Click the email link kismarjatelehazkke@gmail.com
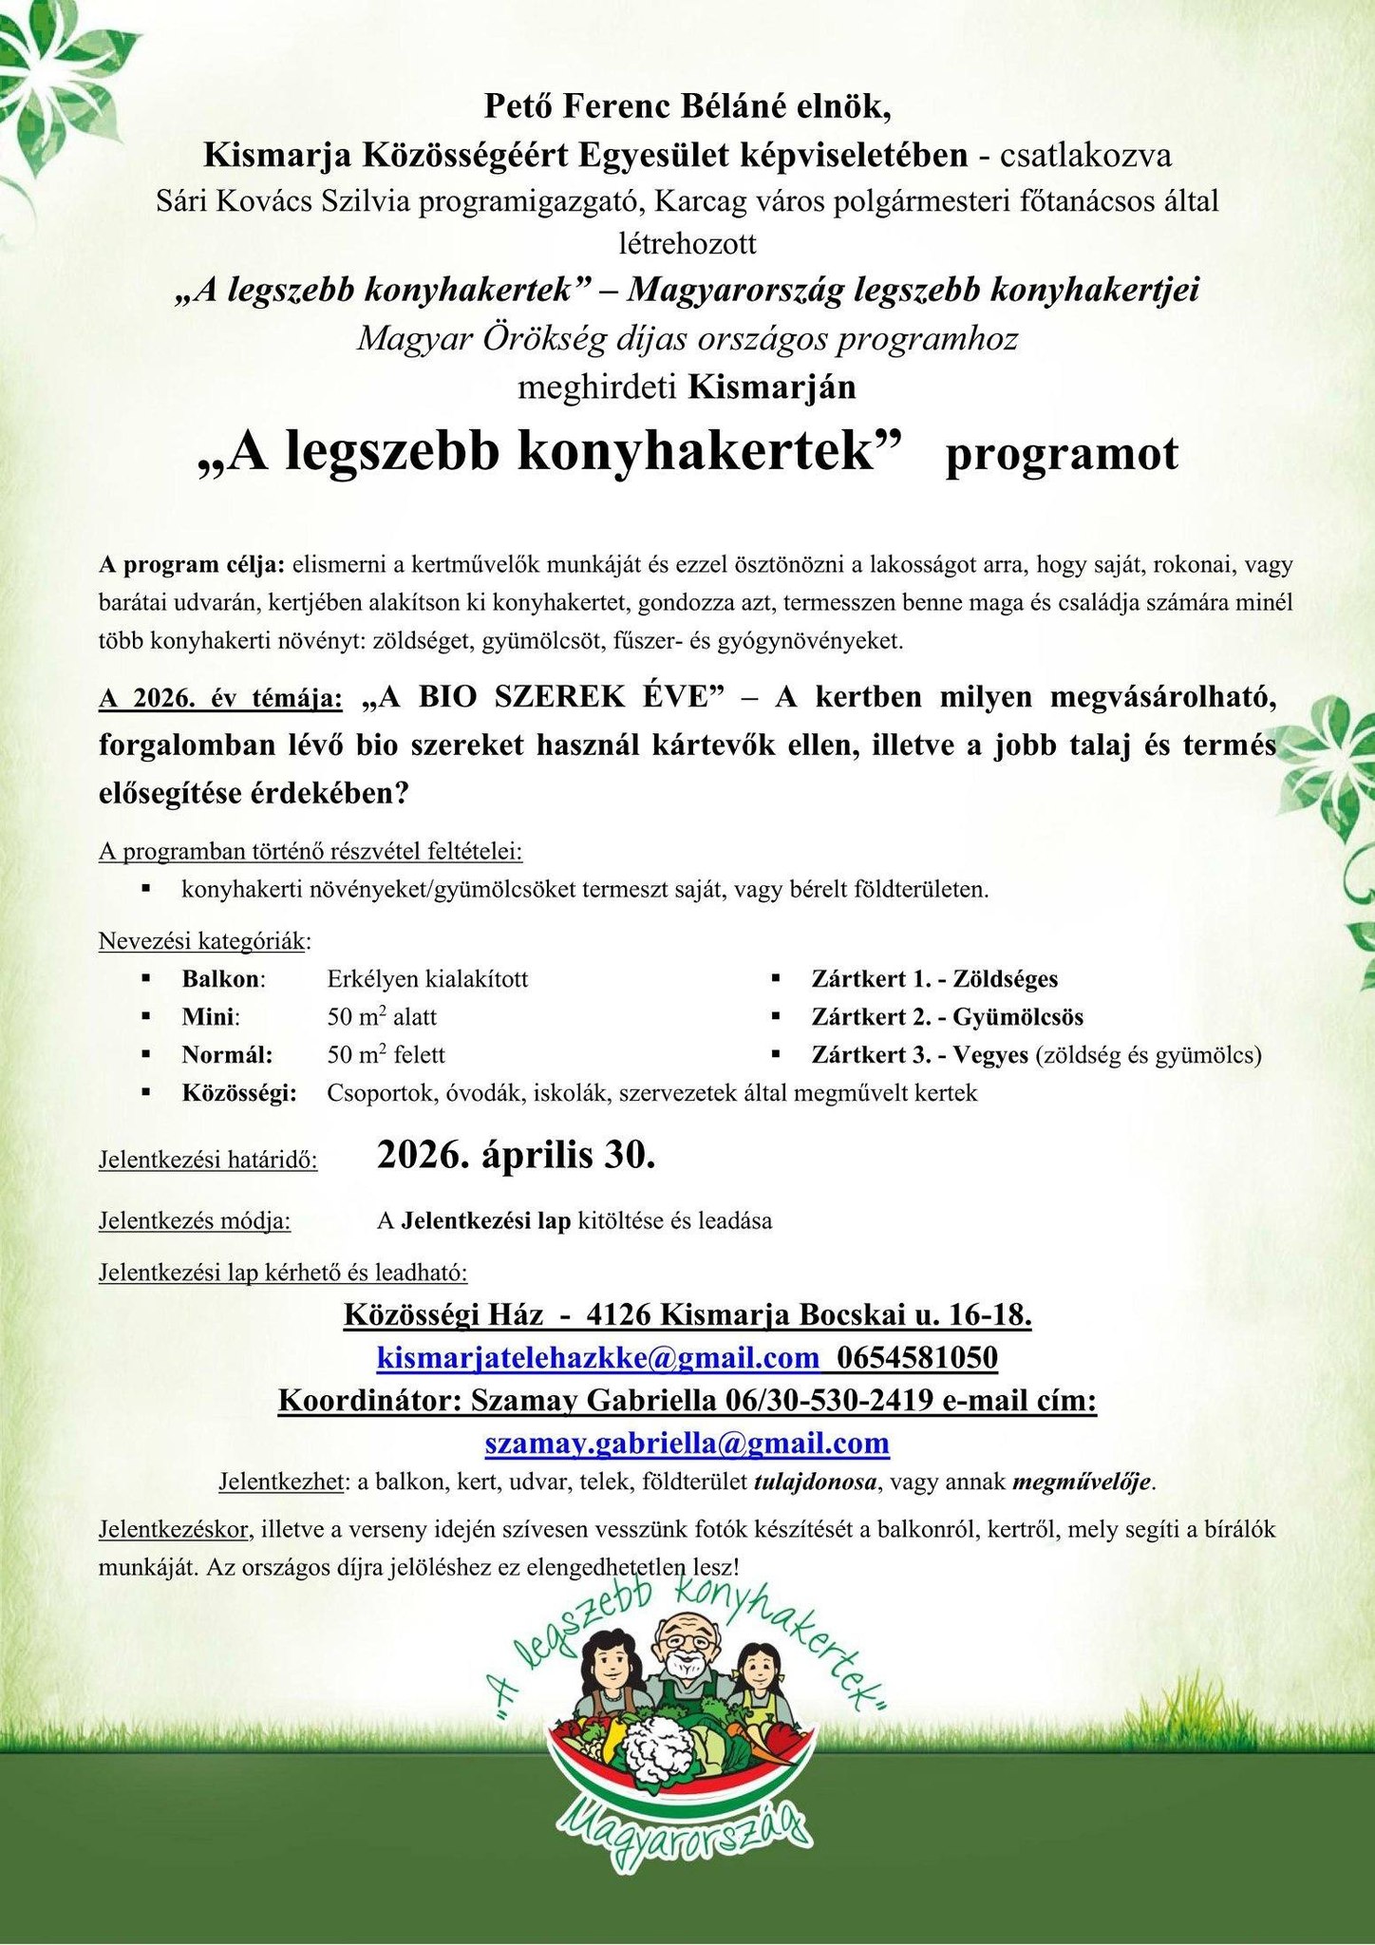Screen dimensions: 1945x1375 point(598,1358)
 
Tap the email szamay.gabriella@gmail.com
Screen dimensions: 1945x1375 point(687,1443)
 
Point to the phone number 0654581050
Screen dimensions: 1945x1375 point(916,1358)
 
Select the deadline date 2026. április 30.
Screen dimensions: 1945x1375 point(516,1155)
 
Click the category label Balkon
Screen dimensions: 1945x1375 point(222,978)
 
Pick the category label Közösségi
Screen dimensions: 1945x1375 point(238,1093)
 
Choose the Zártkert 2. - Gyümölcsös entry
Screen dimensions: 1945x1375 point(947,1017)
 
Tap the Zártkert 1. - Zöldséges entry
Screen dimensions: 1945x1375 point(934,978)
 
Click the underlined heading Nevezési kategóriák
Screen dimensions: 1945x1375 point(202,941)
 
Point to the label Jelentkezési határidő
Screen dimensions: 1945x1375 point(208,1160)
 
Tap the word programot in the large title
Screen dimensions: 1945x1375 point(1061,455)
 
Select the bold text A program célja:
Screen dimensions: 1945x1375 point(191,564)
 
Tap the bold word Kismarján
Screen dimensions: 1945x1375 point(772,387)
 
